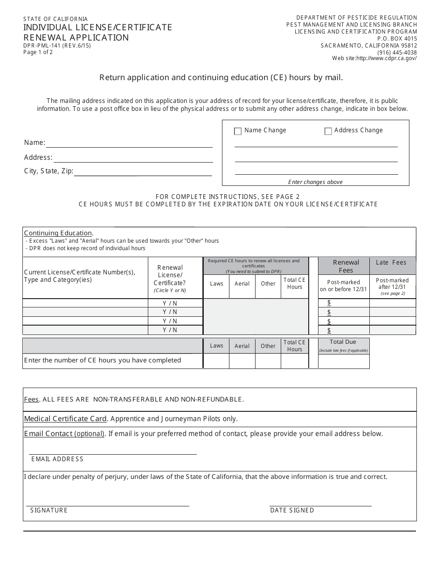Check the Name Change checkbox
pos(238,131)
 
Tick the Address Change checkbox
pos(328,131)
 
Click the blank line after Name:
pos(129,143)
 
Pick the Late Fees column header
pos(391,263)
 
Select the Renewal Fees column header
pos(346,266)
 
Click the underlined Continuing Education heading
pos(58,233)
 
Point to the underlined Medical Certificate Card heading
pos(65,419)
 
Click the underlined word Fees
pos(31,400)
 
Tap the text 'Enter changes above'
pos(315,182)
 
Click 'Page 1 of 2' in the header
pos(38,52)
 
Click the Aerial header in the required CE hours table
pos(242,284)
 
